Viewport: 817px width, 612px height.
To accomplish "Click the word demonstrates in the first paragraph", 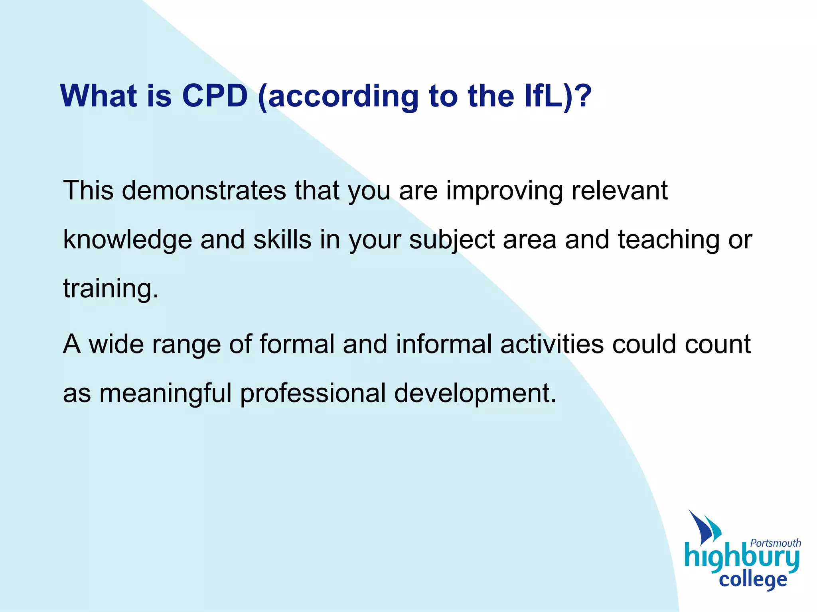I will point(204,190).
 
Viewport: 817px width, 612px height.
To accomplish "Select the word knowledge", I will point(128,240).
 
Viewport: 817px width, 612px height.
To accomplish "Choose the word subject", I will point(452,240).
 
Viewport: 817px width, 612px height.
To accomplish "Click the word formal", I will point(297,344).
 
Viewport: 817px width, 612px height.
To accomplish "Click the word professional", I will point(313,394).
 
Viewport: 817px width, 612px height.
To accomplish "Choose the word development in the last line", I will point(475,394).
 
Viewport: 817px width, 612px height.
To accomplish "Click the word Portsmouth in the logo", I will point(776,543).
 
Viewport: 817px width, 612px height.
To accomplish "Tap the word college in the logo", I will point(753,580).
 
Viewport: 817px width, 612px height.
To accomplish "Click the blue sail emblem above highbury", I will point(705,526).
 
